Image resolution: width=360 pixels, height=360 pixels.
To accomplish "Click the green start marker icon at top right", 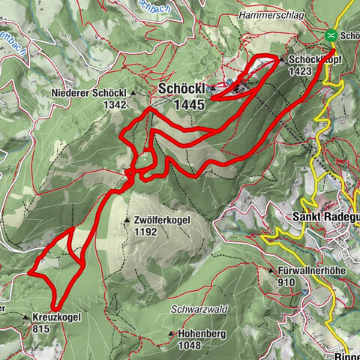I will pos(331,34).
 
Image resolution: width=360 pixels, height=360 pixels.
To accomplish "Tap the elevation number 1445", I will pos(187,105).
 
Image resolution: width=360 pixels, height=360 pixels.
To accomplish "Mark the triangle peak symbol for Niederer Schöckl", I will pos(133,93).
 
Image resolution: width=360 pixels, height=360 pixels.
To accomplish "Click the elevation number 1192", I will pos(145,232).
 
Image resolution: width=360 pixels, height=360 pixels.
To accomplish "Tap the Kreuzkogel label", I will pos(57,317).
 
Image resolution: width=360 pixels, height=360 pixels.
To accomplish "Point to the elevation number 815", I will pos(42,328).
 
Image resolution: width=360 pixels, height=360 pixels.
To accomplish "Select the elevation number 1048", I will pos(190,346).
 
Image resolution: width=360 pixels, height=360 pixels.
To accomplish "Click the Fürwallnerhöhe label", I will pos(309,271).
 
